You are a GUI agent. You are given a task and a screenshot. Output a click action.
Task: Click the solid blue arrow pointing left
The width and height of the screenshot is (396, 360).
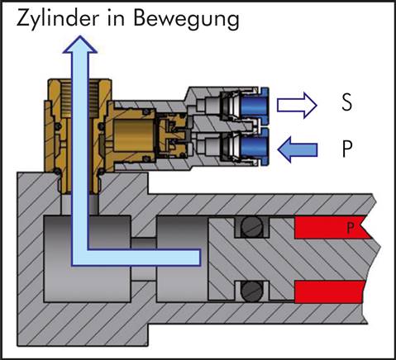coord(298,149)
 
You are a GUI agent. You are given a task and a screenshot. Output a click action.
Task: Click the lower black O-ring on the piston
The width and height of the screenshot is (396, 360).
coord(250,291)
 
